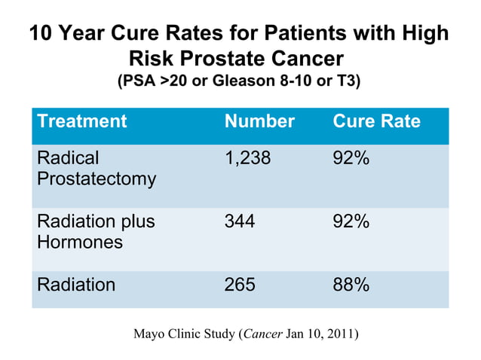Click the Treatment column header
click(81, 121)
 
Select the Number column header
click(259, 121)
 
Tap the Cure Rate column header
click(376, 121)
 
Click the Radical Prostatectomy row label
click(97, 169)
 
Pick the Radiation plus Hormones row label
click(96, 232)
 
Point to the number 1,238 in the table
click(247, 159)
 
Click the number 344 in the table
click(240, 222)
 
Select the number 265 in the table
click(240, 285)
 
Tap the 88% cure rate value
click(351, 285)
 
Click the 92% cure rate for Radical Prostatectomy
click(351, 159)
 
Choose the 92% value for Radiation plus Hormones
click(351, 222)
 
